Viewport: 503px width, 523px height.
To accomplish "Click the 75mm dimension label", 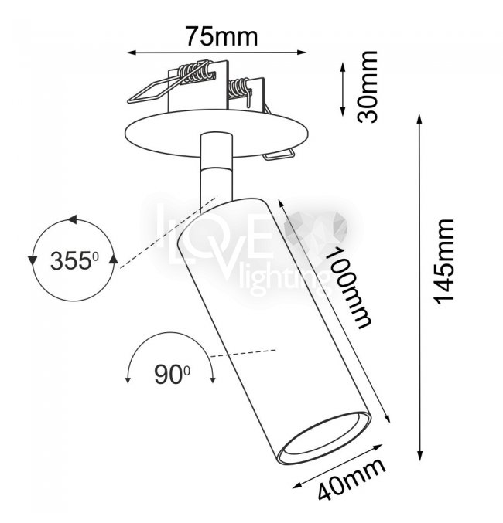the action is pos(222,36).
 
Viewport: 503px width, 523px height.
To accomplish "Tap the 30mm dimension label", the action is pos(367,87).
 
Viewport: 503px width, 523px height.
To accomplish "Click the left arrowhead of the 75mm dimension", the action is pos(131,53).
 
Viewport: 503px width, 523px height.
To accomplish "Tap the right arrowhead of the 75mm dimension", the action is pos(302,52).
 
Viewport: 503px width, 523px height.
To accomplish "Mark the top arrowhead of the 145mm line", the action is pos(420,119).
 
